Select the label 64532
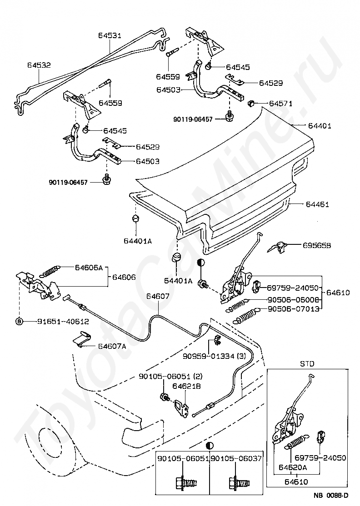pyautogui.click(x=39, y=65)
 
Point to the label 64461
pyautogui.click(x=330, y=205)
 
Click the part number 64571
pyautogui.click(x=280, y=104)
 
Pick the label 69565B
pyautogui.click(x=317, y=245)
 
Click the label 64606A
pyautogui.click(x=89, y=268)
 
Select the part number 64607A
pyautogui.click(x=112, y=346)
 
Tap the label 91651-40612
pyautogui.click(x=63, y=321)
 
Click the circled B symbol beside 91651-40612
pyautogui.click(x=19, y=321)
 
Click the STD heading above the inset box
pyautogui.click(x=307, y=364)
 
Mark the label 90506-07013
pyautogui.click(x=295, y=309)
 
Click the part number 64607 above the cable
pyautogui.click(x=157, y=297)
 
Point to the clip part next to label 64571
pyautogui.click(x=250, y=104)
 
